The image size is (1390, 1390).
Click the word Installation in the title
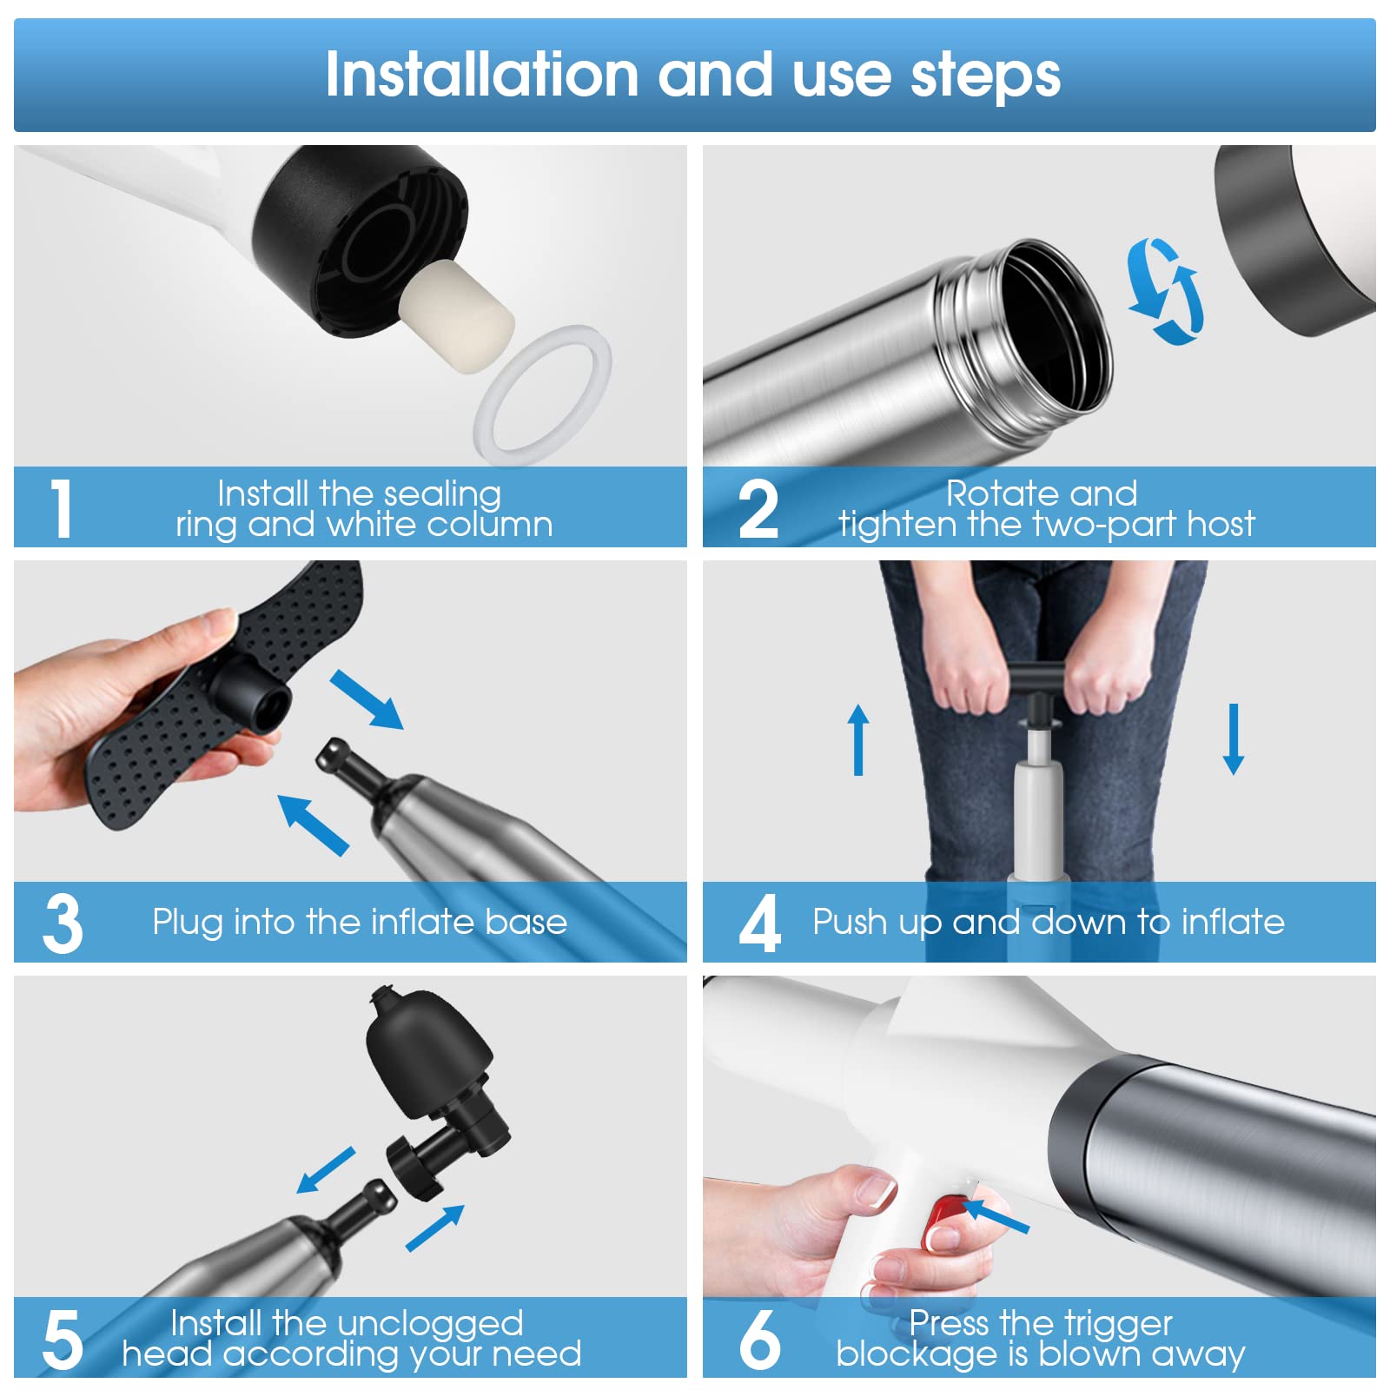pyautogui.click(x=482, y=75)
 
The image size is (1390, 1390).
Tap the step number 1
pyautogui.click(x=61, y=509)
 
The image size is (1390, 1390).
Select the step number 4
pyautogui.click(x=759, y=924)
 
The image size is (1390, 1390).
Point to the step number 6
pyautogui.click(x=759, y=1340)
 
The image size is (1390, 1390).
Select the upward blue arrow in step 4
pyautogui.click(x=858, y=739)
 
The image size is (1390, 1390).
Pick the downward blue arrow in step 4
pyautogui.click(x=1233, y=739)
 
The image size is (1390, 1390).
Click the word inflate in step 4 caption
pyautogui.click(x=1233, y=922)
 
